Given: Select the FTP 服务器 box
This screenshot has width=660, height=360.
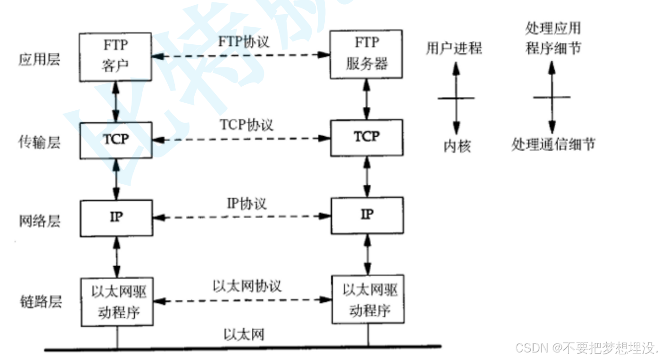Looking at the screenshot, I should (366, 54).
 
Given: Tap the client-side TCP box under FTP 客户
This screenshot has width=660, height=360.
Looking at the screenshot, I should (116, 140).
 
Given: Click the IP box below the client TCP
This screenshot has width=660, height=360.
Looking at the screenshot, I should (116, 218).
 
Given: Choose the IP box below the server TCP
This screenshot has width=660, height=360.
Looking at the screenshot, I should (367, 215).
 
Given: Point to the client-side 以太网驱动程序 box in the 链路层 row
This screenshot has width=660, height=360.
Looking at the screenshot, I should (117, 302).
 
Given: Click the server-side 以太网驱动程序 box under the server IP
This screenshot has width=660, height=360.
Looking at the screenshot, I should (368, 299).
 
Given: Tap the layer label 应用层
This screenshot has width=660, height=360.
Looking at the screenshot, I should (40, 60).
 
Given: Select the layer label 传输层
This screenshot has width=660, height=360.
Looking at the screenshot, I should (40, 142).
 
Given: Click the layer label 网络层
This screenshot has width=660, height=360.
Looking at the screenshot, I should (40, 221).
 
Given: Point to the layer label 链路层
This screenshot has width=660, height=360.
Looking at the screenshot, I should (40, 301).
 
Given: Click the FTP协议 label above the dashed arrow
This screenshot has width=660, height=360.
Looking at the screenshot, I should (243, 41).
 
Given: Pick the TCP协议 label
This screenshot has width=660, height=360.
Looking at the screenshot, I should (246, 125).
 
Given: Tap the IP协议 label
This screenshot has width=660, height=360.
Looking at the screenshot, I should (247, 204).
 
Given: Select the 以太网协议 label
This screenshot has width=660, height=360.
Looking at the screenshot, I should (247, 286).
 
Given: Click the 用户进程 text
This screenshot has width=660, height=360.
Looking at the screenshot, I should (454, 48).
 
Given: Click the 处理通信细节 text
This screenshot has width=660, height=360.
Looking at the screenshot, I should (553, 144).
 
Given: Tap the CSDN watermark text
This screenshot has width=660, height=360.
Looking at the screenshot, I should (586, 348).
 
